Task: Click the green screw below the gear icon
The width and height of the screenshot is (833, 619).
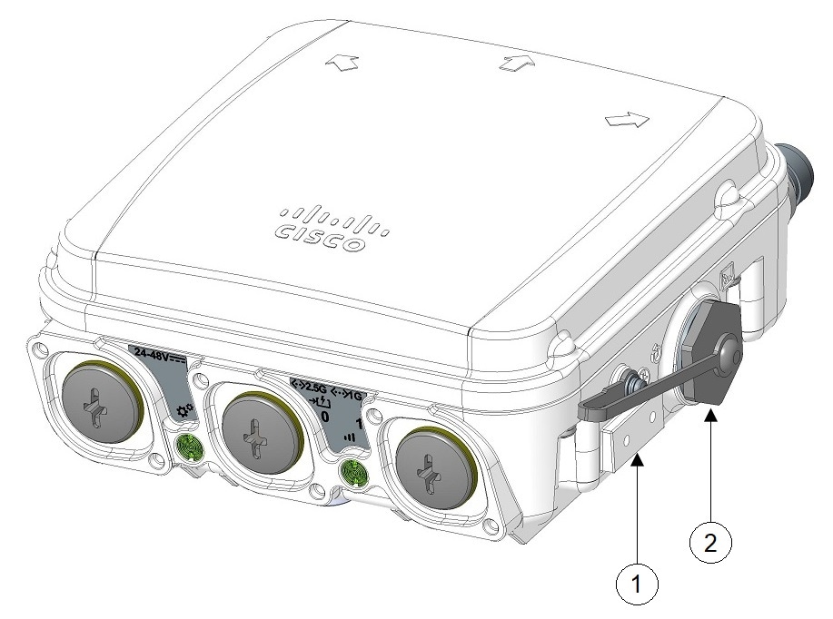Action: coord(189,445)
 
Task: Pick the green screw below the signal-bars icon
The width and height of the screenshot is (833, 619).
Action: coord(352,472)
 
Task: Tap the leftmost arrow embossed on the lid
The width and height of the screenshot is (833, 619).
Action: coord(347,61)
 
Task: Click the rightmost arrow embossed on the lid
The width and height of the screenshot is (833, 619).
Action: coord(627,119)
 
